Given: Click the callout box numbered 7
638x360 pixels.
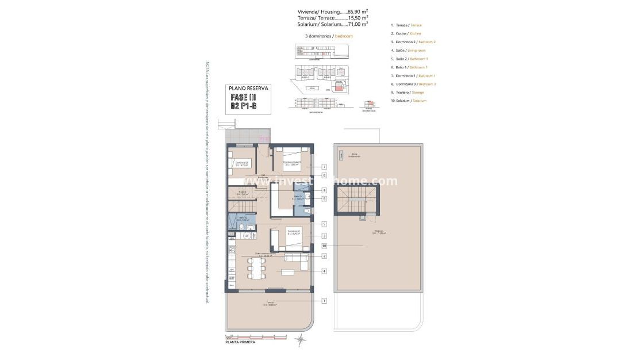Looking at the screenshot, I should (x=324, y=167).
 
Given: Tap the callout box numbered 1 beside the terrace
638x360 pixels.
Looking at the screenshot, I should (x=324, y=300).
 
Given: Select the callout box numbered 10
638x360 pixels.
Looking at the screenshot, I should (x=324, y=246).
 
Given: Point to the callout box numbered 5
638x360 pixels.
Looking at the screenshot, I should (x=324, y=224).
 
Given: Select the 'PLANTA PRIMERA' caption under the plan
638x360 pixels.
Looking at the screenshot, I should (x=240, y=342).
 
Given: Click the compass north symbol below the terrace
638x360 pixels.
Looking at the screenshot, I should (x=300, y=339).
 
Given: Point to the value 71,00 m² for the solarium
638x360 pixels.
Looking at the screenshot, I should (x=356, y=24).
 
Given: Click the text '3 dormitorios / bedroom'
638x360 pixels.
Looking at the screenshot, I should (x=329, y=36).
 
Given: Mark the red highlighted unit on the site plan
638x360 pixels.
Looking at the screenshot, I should (x=338, y=88).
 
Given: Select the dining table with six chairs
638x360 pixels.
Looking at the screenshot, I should (x=257, y=268).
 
